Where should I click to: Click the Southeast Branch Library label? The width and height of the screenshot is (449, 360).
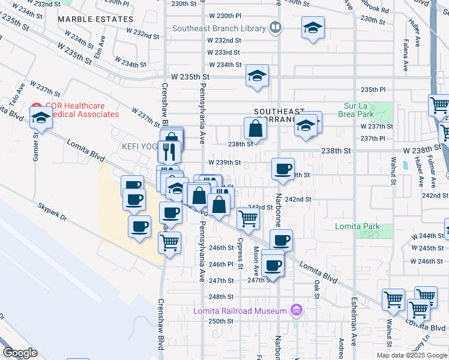click(x=219, y=28)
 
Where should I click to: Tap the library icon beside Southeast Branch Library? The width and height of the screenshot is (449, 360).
click(x=275, y=27)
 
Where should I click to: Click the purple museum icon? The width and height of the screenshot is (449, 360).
click(x=295, y=310)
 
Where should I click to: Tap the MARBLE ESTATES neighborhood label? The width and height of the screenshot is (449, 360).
click(x=87, y=19)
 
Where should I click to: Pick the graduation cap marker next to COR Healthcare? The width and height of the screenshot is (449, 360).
click(x=41, y=117)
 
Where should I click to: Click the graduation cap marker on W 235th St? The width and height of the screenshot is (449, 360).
click(x=257, y=76)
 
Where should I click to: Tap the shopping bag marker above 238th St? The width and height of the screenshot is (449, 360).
click(x=256, y=128)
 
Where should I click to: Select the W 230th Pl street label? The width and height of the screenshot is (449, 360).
click(x=224, y=16)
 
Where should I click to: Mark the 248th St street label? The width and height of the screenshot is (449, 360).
click(x=221, y=296)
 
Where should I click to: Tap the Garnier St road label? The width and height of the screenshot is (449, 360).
click(x=35, y=142)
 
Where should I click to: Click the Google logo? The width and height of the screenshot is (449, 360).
click(x=20, y=353)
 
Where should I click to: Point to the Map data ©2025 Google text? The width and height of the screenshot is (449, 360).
click(x=412, y=355)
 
